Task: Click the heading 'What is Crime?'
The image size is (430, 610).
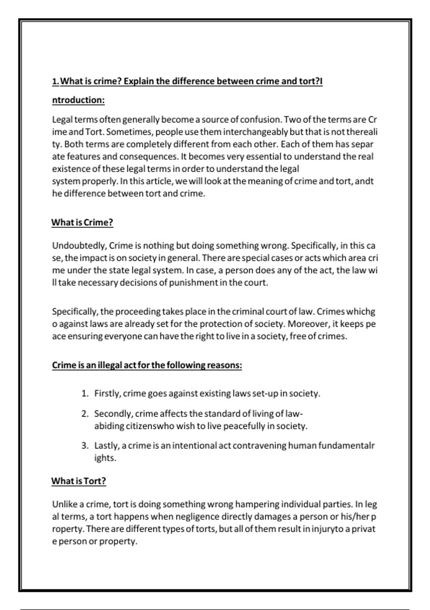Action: click(82, 222)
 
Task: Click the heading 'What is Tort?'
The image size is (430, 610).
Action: click(78, 481)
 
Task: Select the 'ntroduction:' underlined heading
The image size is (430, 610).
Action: click(78, 100)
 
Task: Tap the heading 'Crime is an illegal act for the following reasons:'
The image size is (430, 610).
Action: click(147, 365)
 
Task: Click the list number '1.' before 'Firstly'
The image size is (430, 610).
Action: click(85, 394)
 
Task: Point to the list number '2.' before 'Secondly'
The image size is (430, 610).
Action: click(85, 414)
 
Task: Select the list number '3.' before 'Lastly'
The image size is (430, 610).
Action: click(85, 446)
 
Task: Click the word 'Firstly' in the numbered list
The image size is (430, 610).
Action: click(107, 394)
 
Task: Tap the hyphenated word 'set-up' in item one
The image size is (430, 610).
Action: click(265, 394)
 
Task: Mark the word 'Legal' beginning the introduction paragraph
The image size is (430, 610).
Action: click(62, 119)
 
